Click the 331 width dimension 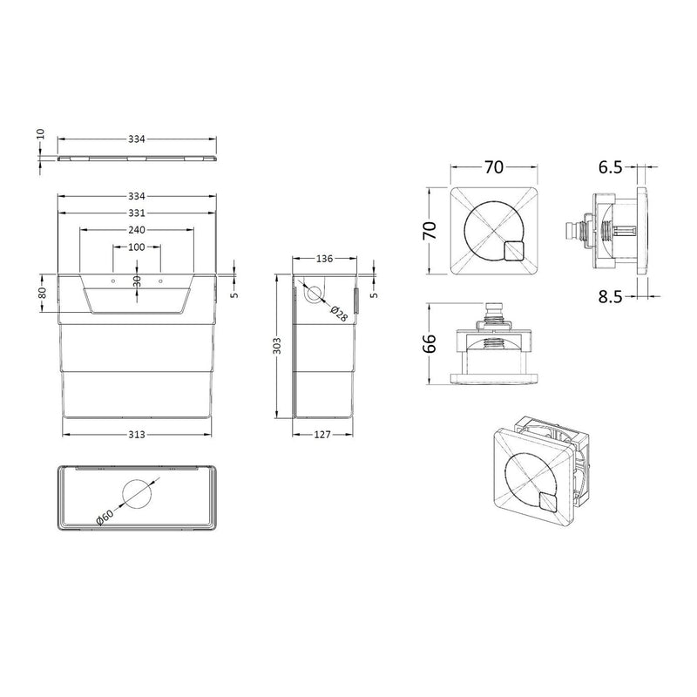135,213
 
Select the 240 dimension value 135,230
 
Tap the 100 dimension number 135,247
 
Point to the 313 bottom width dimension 135,434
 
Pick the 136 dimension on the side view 323,259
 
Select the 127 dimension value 323,434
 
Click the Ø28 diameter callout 339,315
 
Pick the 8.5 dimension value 611,296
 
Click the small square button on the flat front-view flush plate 515,251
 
